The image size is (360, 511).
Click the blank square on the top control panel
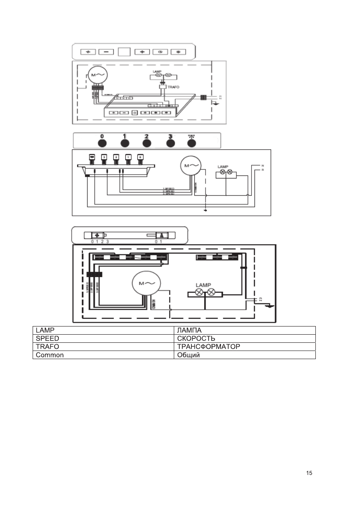(124, 52)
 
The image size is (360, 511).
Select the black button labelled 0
(102, 143)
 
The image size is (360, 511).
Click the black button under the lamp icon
(191, 143)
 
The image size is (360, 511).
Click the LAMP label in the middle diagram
(223, 166)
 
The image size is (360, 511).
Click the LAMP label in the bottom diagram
(204, 284)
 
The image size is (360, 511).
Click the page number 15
(309, 473)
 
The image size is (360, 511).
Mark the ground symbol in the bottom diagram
(269, 305)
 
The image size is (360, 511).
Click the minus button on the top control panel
(106, 52)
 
